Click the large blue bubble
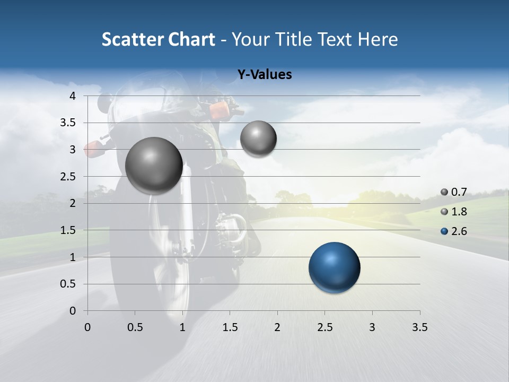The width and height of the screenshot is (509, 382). (334, 267)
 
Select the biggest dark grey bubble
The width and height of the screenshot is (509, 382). (154, 165)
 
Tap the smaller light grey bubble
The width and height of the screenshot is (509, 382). (258, 138)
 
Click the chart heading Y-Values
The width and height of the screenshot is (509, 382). (264, 75)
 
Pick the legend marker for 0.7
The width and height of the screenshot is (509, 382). (444, 192)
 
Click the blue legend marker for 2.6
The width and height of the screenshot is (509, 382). (444, 231)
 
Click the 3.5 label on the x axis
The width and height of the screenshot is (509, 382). (419, 327)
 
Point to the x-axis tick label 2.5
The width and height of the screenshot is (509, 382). (324, 327)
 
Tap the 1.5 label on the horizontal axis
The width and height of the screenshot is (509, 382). (230, 327)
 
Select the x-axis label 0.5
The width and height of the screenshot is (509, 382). (135, 327)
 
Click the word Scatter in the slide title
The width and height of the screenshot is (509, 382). (133, 39)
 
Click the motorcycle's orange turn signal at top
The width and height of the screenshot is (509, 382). (219, 110)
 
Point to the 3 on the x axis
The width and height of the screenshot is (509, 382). (372, 327)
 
